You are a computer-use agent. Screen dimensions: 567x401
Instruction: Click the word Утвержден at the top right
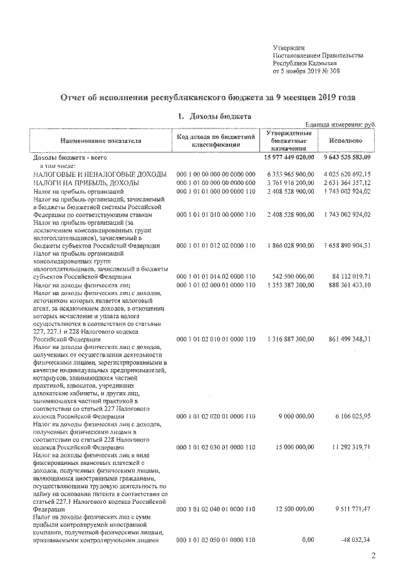point(289,48)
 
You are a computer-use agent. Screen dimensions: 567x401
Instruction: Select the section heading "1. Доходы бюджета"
point(206,117)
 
